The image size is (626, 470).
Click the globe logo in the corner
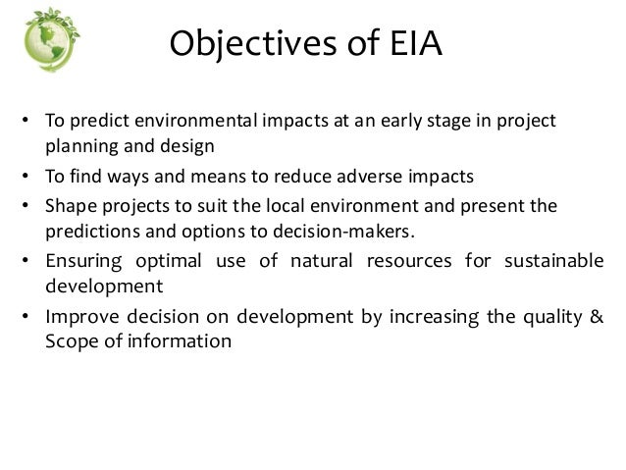(47, 39)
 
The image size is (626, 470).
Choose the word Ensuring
(81, 262)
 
